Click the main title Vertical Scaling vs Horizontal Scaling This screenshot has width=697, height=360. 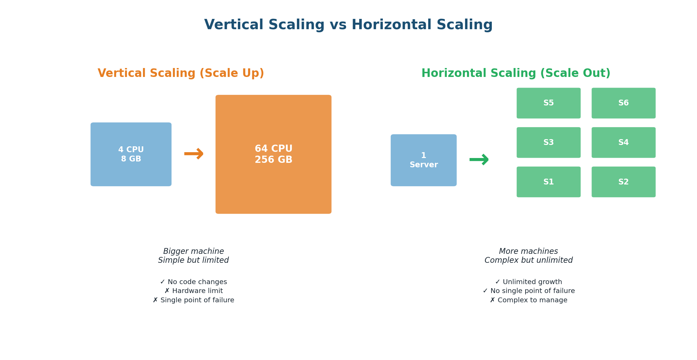[348, 25]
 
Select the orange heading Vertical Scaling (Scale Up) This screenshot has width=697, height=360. [181, 74]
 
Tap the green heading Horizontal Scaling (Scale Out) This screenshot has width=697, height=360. [516, 74]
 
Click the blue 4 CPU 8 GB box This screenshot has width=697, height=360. [131, 154]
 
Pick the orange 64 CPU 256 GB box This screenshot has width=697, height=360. [273, 154]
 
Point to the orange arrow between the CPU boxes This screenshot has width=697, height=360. [193, 154]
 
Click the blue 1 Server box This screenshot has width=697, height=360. [423, 160]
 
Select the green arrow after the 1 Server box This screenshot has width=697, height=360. [479, 159]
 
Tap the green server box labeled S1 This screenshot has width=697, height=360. [548, 182]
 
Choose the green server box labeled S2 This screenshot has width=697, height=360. [623, 182]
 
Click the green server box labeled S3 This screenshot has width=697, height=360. [548, 143]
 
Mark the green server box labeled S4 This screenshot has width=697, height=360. [623, 143]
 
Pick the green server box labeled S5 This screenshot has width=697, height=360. [548, 103]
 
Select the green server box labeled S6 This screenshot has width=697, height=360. [623, 103]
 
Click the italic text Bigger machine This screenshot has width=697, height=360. [193, 251]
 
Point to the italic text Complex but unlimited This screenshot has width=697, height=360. [528, 260]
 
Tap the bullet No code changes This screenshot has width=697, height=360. [193, 282]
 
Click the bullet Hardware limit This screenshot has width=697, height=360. [193, 291]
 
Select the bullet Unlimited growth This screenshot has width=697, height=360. [528, 282]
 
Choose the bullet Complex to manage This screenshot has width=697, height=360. [528, 300]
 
